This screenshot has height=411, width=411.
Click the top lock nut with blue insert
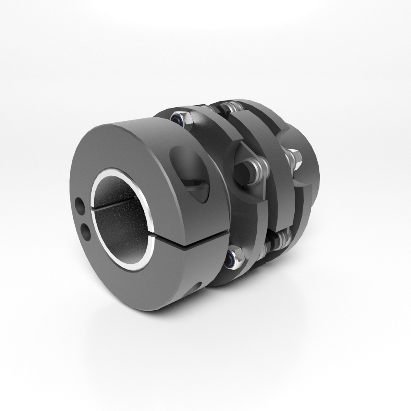point(181,119)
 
